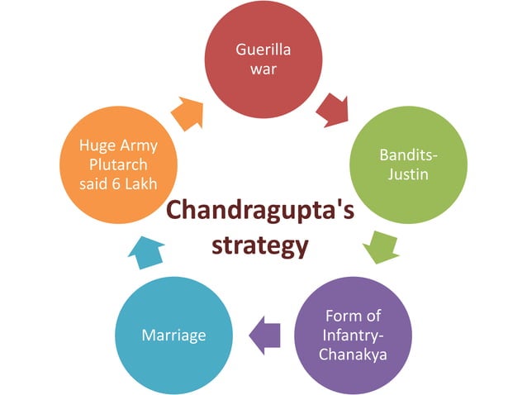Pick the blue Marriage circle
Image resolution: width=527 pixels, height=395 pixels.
(173, 336)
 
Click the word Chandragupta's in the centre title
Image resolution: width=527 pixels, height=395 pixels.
(261, 211)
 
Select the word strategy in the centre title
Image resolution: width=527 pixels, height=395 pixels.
(260, 245)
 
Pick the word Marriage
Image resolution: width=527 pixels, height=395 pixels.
(173, 336)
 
